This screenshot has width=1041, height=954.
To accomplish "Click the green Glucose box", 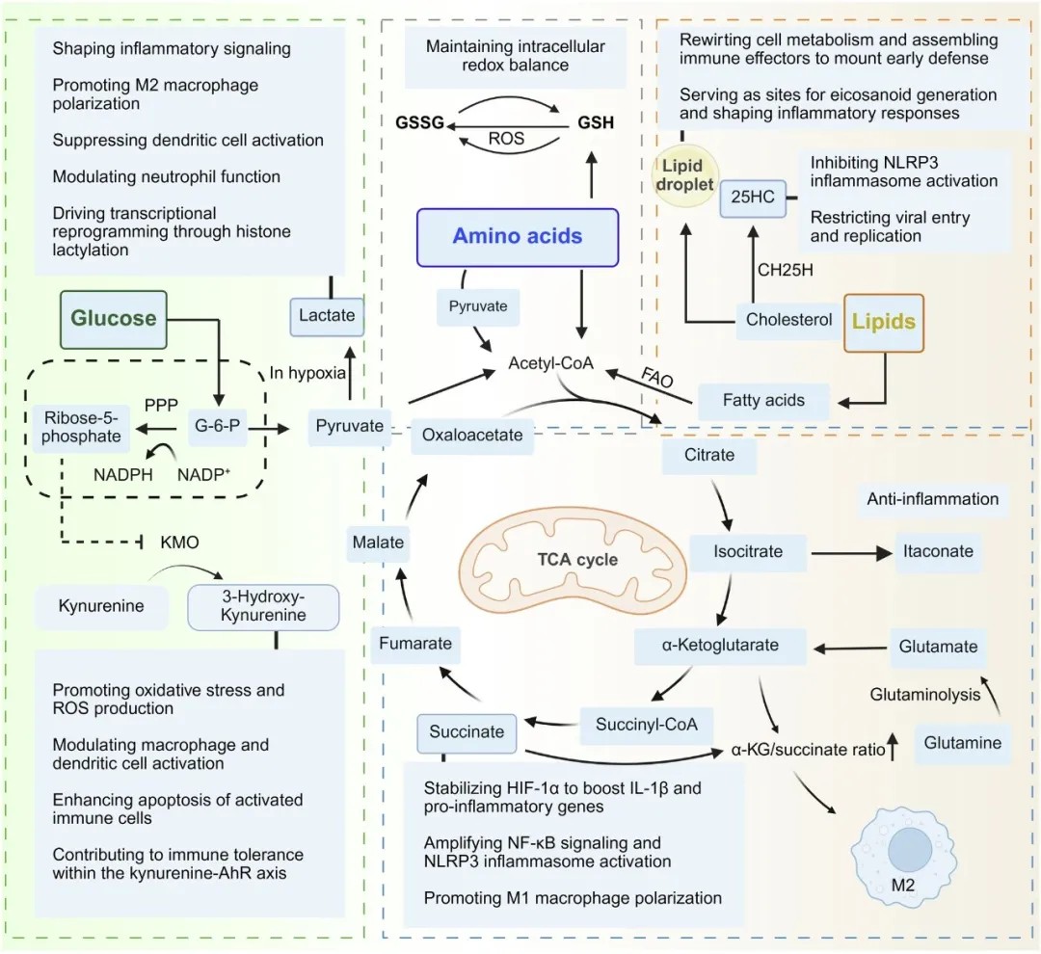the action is [x=113, y=319].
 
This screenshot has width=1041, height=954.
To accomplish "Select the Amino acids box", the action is [x=518, y=237].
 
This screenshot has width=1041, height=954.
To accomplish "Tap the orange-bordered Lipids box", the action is [x=884, y=323].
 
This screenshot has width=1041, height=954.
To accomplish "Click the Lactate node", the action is [x=327, y=316].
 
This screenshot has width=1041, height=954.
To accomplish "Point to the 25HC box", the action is [x=753, y=198].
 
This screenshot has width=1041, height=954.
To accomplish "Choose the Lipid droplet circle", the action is [x=683, y=175].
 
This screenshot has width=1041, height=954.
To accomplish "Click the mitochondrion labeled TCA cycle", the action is [x=573, y=559].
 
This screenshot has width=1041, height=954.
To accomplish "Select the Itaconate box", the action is [x=938, y=552].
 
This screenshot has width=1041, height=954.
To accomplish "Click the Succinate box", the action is [x=467, y=733].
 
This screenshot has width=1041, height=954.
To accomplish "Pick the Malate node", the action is [x=379, y=543].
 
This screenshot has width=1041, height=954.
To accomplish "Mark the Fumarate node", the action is [x=415, y=644].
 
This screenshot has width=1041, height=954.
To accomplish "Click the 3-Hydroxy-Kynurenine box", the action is [x=263, y=607].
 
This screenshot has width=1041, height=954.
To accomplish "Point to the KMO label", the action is [x=180, y=543].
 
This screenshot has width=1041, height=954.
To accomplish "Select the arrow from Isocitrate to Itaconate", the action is [x=852, y=553].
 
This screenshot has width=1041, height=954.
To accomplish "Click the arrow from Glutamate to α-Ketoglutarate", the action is [x=851, y=648].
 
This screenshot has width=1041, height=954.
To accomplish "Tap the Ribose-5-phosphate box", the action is [x=82, y=428].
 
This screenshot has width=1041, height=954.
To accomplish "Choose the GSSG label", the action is [x=419, y=122].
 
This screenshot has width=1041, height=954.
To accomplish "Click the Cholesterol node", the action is [x=788, y=321].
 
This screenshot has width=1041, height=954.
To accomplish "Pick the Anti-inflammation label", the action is [x=932, y=500].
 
